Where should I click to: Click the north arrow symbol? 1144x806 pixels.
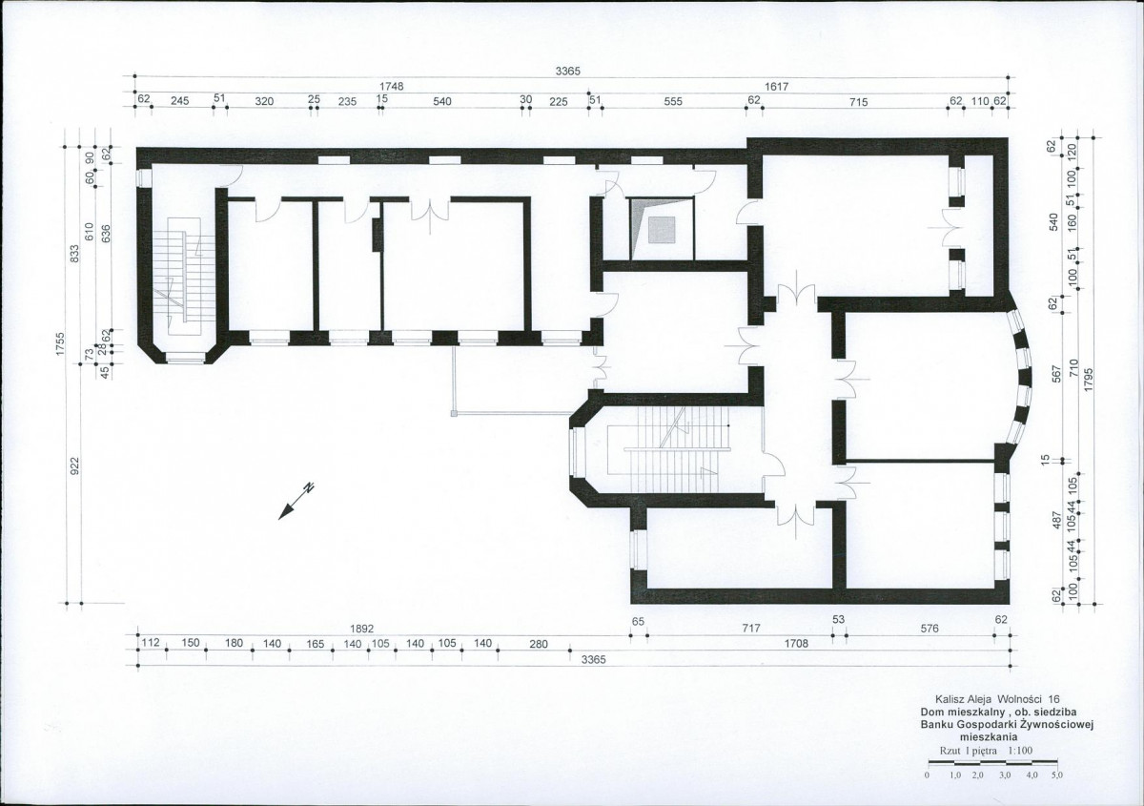click(296, 501)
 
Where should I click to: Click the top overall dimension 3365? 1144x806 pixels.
click(568, 72)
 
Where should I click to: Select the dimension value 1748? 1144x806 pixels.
click(391, 87)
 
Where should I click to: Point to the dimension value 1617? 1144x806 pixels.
click(776, 87)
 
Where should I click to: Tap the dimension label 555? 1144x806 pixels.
click(673, 102)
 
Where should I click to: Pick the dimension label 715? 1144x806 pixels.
click(859, 102)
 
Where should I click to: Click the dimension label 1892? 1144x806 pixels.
click(362, 629)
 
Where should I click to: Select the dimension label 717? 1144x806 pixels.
click(751, 629)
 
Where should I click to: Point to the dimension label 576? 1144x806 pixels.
click(929, 629)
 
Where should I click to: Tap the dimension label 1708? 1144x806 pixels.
click(796, 644)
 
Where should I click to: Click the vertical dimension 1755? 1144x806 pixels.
click(60, 344)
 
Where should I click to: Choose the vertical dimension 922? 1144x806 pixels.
click(74, 466)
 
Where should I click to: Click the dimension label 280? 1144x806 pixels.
click(539, 645)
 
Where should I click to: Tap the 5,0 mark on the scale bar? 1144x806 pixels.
click(1057, 775)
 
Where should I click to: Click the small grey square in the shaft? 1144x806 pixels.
click(662, 230)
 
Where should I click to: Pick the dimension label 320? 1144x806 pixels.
click(264, 102)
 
